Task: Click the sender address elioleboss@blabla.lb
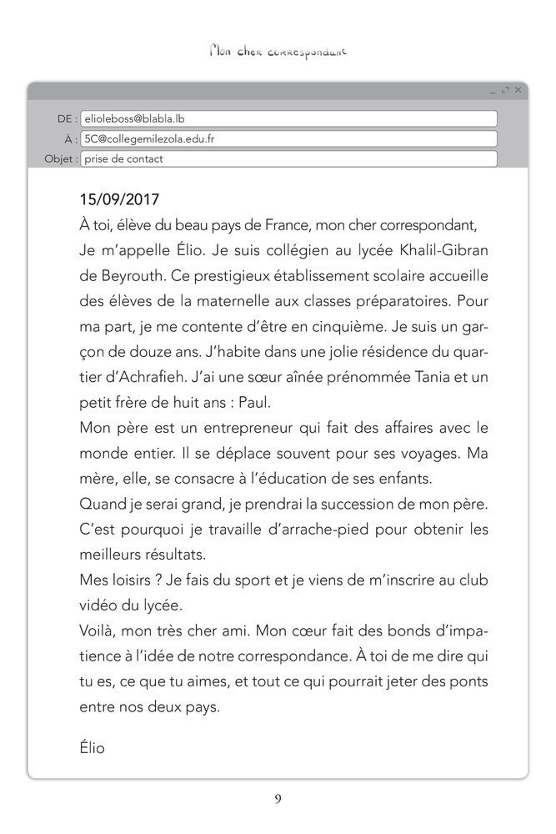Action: pos(134,119)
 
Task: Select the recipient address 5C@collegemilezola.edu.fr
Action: pos(149,139)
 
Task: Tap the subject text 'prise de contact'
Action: pos(123,159)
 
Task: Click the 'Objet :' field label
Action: pos(61,159)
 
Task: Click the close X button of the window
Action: pos(518,89)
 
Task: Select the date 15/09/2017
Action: pos(119,200)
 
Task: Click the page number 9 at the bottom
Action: pos(278,799)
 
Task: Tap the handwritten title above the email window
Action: pos(278,52)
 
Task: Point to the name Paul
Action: pos(255,403)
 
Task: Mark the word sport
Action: pos(244,580)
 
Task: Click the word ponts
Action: pos(470,682)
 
